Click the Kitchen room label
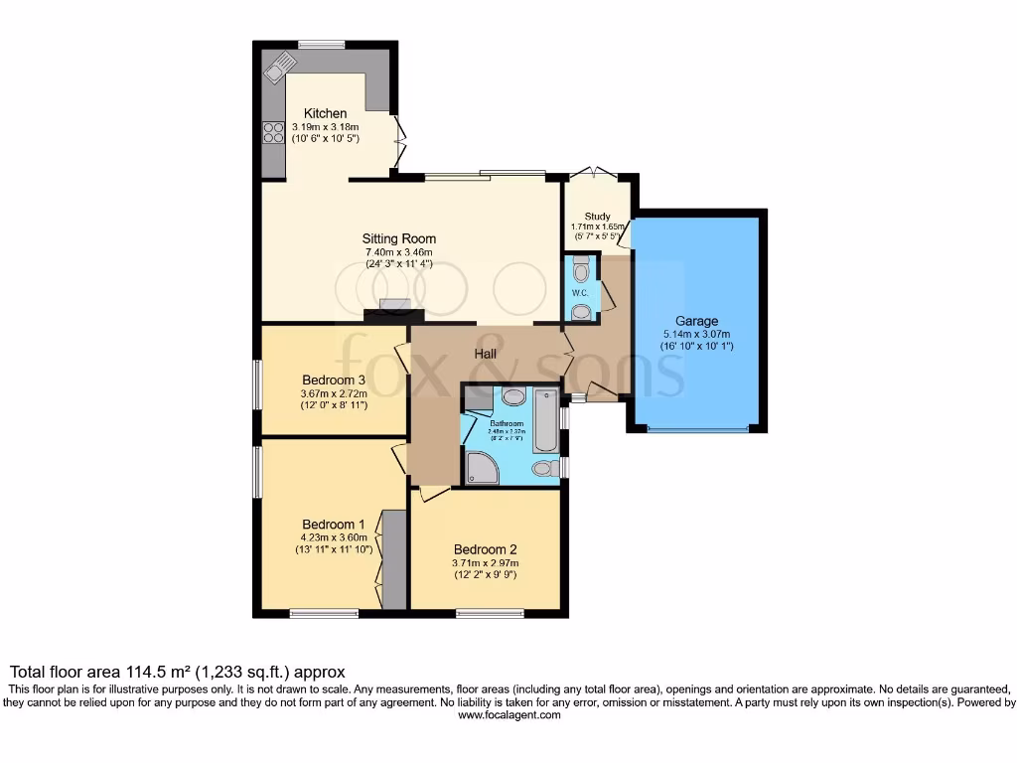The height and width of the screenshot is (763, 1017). pos(325,113)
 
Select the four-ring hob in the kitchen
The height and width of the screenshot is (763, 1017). pos(273,132)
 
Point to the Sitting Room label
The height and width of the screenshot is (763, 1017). pos(398,238)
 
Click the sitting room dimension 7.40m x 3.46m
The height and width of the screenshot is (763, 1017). pos(398,251)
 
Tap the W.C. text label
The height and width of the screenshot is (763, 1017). pos(581,293)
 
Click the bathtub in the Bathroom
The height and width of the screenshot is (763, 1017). pos(546,418)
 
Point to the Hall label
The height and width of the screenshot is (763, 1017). pos(485,353)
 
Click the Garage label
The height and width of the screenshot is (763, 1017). pos(696,321)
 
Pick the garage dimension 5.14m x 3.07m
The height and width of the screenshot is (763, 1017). pos(696,335)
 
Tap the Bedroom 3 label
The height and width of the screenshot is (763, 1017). pos(334,380)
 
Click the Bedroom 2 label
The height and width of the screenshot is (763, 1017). pos(486,549)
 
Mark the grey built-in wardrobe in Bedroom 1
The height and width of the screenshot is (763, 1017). pos(393,559)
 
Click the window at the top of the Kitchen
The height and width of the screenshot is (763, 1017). pos(321,44)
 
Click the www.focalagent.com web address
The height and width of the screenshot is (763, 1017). pos(509,714)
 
